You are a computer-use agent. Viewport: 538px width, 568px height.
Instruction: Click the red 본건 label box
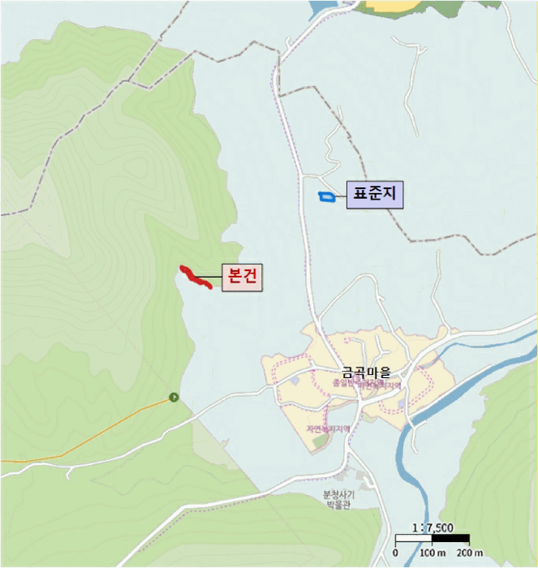point(242,278)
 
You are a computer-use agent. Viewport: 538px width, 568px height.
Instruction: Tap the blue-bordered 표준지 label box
point(375,195)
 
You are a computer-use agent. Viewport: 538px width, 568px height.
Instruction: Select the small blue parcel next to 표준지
point(326,196)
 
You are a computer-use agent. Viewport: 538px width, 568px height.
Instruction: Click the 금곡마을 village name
point(365,372)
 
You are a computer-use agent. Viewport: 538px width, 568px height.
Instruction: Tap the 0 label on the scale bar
point(395,553)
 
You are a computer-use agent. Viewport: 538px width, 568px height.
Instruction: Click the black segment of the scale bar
point(450,538)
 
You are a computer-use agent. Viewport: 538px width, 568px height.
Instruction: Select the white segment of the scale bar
point(414,538)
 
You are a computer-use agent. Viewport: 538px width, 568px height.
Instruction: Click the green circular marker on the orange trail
point(173,397)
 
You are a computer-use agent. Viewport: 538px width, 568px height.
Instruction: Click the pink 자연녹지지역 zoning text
point(328,428)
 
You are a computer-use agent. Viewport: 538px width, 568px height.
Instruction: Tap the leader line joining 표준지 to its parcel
point(342,196)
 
